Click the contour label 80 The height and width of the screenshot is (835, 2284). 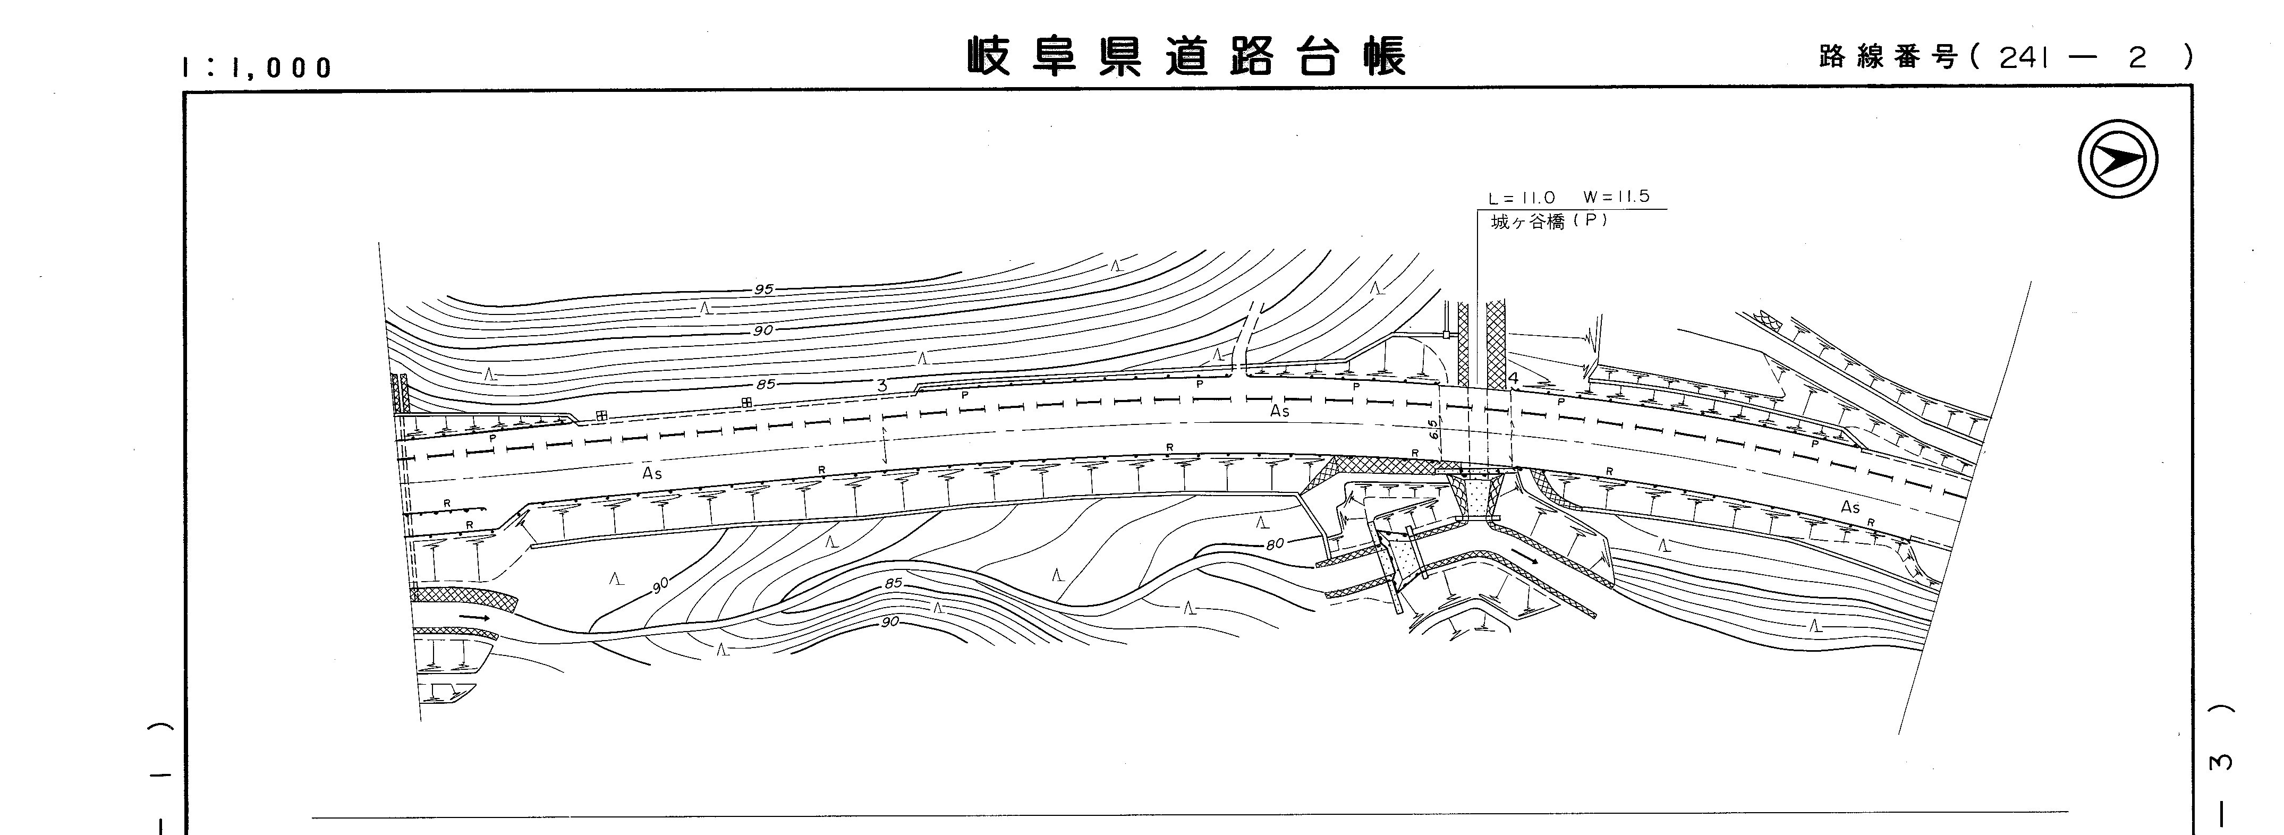(1274, 543)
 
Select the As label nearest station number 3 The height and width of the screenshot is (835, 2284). (652, 473)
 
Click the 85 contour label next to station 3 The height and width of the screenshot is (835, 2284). (765, 385)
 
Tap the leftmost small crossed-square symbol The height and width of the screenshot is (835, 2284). (601, 415)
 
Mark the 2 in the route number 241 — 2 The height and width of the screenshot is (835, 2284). (2138, 57)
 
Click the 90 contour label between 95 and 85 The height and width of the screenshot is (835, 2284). (762, 330)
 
